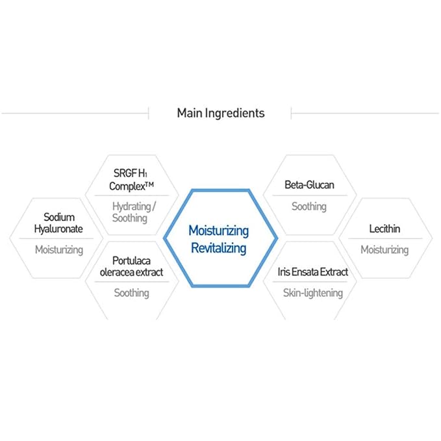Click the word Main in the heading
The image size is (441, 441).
pos(189,113)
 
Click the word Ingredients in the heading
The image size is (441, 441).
pos(234,114)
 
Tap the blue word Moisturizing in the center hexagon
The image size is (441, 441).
pos(218,231)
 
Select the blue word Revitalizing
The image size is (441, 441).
pos(218,248)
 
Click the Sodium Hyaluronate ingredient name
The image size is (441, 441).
pos(58,223)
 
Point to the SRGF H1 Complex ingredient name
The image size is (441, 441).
pos(131,180)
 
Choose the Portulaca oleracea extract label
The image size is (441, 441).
pos(131,266)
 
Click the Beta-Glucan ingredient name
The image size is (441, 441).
pos(309,185)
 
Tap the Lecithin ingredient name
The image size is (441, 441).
pos(384,229)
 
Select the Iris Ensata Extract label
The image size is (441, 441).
pos(313,272)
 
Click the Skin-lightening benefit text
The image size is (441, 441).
pos(313,293)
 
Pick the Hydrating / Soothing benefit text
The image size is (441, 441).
pos(134,212)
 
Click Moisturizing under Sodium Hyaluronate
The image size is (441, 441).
pos(59,250)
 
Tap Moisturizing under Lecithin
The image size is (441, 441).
pos(384,250)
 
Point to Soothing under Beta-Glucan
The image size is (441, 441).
pos(309,207)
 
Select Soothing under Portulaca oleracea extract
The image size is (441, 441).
pos(131,293)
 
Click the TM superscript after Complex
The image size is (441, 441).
pos(149,184)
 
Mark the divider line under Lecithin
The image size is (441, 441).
pos(385,239)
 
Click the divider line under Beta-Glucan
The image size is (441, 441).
pos(310,195)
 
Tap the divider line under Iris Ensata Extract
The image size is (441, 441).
pos(310,282)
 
